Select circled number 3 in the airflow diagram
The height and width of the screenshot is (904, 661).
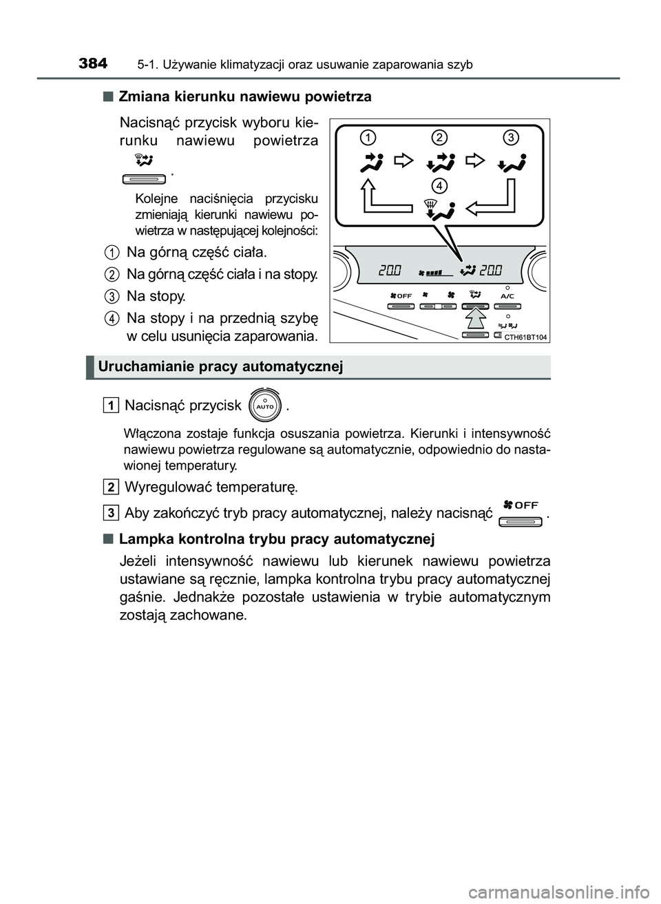[x=510, y=138]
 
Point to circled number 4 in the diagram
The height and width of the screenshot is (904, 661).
[x=440, y=185]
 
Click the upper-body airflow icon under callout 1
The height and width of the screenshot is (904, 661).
[x=371, y=162]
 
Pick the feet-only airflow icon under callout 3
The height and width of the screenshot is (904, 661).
[x=510, y=162]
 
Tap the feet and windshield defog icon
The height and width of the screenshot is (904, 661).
[x=440, y=208]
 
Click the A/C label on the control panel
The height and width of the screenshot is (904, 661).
[x=507, y=295]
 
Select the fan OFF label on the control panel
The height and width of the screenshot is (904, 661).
[x=400, y=295]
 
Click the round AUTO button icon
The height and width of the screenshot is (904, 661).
[x=265, y=406]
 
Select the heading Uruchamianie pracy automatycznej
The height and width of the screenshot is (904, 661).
[x=220, y=366]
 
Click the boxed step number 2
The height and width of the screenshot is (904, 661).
[x=111, y=487]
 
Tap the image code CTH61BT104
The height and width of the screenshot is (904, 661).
[x=525, y=337]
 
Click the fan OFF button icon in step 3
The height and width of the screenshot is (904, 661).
[x=521, y=514]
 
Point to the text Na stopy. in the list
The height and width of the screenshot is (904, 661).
[x=156, y=296]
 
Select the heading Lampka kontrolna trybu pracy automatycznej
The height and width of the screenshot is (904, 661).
[x=276, y=538]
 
